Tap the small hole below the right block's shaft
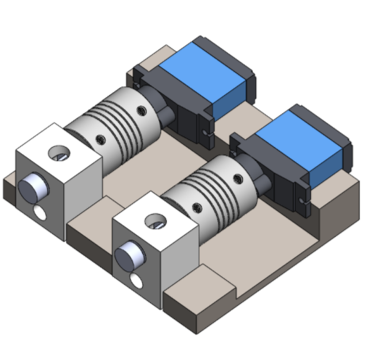(136, 281)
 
